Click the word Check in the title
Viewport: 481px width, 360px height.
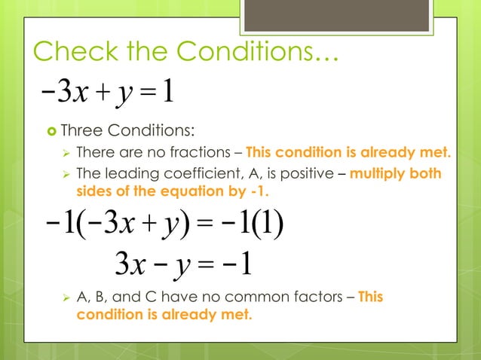[x=72, y=51]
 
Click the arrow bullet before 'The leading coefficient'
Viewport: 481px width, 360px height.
[x=65, y=174]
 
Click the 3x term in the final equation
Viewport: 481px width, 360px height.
[x=130, y=264]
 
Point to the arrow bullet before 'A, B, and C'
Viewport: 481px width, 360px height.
[x=65, y=297]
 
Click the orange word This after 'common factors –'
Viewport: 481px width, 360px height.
[x=370, y=297]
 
